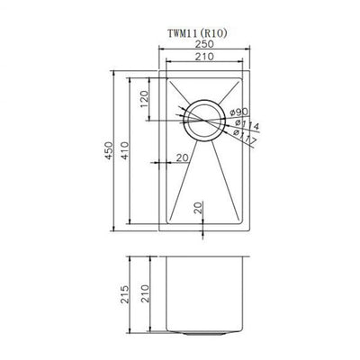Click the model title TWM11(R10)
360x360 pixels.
click(203, 37)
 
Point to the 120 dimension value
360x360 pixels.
click(143, 99)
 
